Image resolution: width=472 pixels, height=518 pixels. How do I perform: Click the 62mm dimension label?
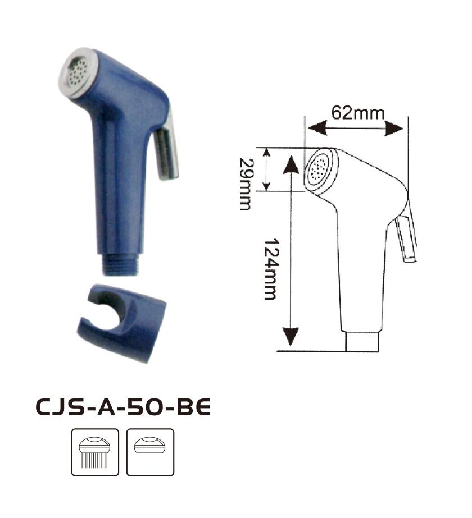tap(357, 113)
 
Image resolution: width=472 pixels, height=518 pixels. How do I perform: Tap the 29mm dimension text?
tap(246, 184)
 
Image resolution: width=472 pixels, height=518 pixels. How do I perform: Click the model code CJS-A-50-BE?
tap(122, 407)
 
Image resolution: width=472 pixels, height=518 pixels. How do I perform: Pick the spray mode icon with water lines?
tap(95, 452)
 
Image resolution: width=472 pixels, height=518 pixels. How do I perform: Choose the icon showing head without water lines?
tap(150, 452)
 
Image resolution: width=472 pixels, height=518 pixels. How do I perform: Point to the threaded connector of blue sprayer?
tap(120, 264)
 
